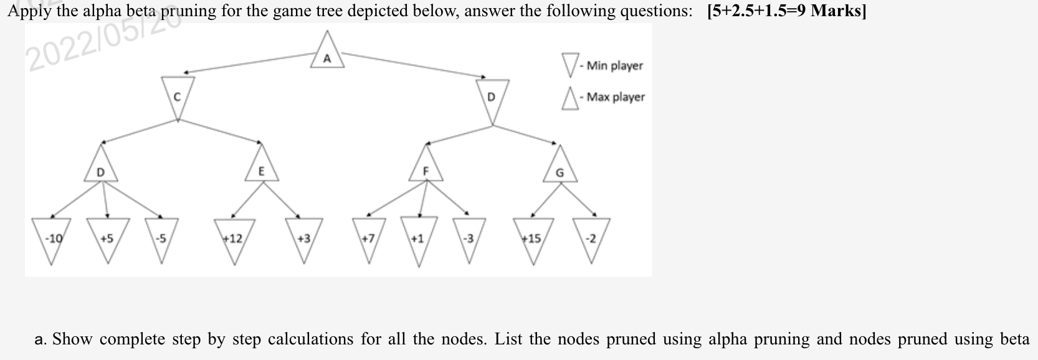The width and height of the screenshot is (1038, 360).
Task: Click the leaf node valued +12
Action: (x=234, y=239)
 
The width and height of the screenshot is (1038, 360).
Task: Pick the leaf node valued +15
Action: (x=533, y=239)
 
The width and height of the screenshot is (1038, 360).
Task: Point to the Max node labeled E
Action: (x=261, y=166)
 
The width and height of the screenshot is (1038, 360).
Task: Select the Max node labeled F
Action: (x=426, y=166)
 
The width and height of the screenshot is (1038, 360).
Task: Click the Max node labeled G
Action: (x=559, y=168)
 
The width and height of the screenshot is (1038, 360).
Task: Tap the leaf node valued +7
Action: (x=368, y=239)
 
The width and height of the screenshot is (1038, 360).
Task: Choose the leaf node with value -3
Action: (x=468, y=239)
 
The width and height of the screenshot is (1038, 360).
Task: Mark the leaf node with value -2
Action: (x=591, y=239)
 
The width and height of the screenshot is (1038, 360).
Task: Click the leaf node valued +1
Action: (x=417, y=239)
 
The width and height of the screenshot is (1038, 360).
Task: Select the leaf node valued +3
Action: (x=304, y=239)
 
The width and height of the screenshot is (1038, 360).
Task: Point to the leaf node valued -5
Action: (x=161, y=239)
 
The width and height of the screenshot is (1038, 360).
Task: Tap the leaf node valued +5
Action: (x=107, y=239)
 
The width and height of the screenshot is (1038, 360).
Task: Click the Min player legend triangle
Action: (x=569, y=64)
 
